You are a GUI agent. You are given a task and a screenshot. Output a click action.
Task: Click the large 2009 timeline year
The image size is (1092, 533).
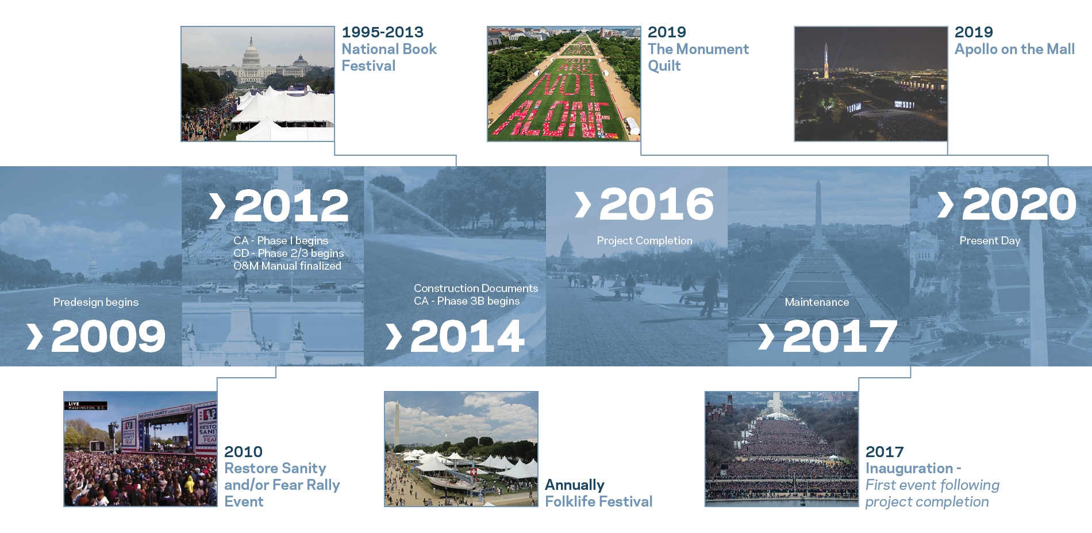tap(109, 336)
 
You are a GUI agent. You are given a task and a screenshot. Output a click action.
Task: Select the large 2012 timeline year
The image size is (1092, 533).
tap(291, 205)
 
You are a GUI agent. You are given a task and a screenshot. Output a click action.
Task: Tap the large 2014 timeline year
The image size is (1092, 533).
tap(467, 336)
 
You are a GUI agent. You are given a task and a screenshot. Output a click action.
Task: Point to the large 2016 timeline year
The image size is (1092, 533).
tap(656, 204)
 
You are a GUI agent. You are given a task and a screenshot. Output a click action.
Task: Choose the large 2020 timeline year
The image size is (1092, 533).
tap(1019, 204)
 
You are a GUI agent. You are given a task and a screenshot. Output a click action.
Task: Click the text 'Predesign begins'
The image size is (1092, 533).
tap(96, 302)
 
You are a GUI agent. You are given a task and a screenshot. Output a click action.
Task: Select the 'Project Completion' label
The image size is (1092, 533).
tap(644, 240)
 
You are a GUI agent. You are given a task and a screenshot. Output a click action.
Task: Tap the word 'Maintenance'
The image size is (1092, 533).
tap(817, 302)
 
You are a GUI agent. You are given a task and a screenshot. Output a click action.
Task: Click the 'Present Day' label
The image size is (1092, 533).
tap(990, 240)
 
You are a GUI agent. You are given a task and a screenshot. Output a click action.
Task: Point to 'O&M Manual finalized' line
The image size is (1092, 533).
tap(287, 266)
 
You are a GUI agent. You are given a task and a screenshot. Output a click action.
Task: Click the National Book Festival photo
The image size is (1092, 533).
tap(257, 83)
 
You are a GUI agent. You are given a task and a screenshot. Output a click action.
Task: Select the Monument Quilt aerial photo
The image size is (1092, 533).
tap(564, 83)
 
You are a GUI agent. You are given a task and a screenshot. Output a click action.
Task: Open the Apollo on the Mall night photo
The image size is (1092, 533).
tap(871, 83)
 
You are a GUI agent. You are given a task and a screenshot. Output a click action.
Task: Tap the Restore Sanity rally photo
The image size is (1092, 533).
tap(140, 449)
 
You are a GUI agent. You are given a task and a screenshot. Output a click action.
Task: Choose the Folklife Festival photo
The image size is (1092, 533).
tap(461, 449)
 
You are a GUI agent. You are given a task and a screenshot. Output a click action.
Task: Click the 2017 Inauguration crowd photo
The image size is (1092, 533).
tap(782, 449)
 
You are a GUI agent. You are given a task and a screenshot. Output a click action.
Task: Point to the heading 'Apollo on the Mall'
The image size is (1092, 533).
tap(1014, 49)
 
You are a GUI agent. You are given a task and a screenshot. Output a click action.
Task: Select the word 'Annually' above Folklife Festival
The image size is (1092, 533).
tap(575, 485)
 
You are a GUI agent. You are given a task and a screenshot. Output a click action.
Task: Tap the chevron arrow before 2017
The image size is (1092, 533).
tap(766, 336)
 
